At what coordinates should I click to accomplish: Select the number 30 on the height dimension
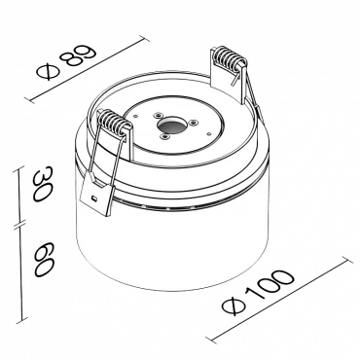coord(42,184)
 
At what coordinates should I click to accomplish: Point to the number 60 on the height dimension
coord(44,259)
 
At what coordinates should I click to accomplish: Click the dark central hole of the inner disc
coord(170,124)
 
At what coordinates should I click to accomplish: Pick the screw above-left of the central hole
coord(158,115)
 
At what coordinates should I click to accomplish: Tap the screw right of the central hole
coord(194,123)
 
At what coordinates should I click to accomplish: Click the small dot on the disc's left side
coord(136,115)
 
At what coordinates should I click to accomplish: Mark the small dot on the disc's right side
coord(209,133)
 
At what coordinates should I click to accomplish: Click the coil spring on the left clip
coord(112,123)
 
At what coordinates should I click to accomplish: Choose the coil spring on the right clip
coord(229,57)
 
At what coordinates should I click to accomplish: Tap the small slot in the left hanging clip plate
coord(93,198)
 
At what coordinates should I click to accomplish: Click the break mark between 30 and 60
coord(20,224)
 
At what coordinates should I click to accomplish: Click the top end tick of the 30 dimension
coord(19,170)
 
